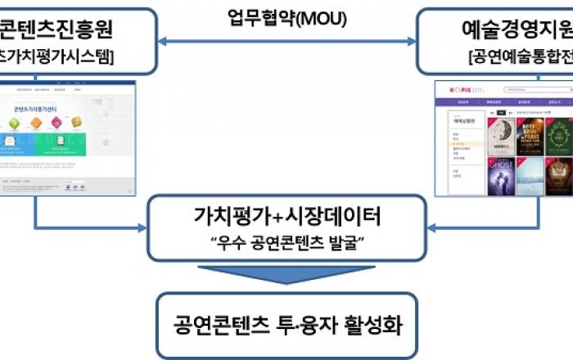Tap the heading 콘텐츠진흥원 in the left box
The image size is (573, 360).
[x=61, y=30]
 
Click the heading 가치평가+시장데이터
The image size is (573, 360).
[x=286, y=218]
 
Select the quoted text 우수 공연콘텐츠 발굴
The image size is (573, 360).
[x=286, y=243]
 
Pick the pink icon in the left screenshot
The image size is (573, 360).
[x=56, y=124]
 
